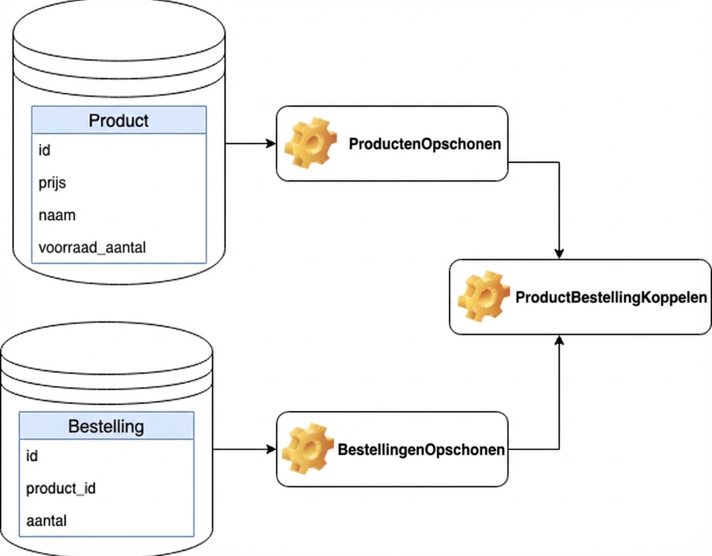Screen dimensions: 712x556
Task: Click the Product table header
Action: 119,120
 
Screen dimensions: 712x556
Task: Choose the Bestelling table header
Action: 106,426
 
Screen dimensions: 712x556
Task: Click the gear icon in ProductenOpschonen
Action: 311,143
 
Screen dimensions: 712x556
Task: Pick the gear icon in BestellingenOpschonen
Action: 308,449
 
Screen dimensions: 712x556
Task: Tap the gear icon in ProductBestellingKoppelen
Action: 484,297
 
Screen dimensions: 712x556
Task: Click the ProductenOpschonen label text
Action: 425,144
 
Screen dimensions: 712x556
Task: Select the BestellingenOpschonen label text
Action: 421,450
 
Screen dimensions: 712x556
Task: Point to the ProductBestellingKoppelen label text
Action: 611,298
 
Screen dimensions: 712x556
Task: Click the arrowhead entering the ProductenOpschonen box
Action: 271,143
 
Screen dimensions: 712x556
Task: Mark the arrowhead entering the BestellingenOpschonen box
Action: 271,449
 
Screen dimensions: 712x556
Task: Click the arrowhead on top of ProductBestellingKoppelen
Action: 559,254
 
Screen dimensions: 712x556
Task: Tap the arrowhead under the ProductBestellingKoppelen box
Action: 559,340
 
